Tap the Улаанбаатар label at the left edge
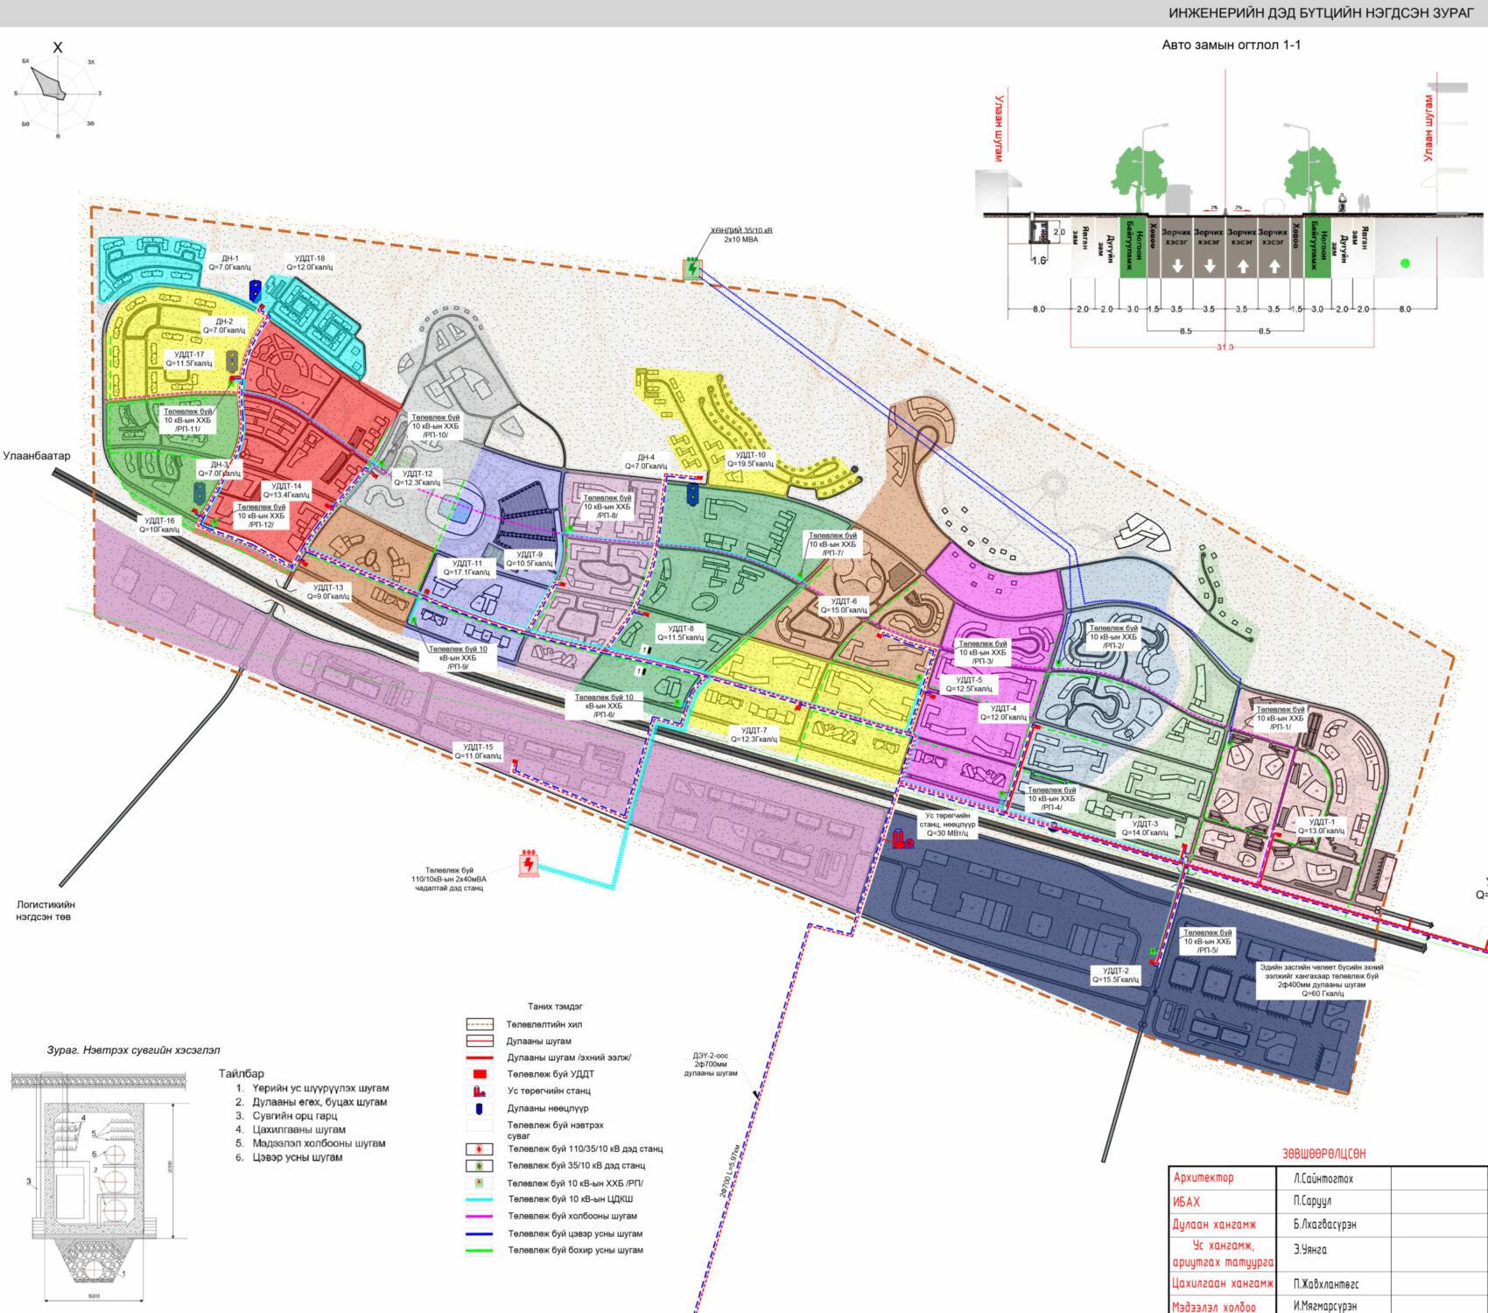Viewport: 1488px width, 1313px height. coord(37,456)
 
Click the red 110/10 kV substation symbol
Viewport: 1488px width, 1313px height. coord(528,863)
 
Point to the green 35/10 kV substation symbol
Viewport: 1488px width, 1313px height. coord(693,268)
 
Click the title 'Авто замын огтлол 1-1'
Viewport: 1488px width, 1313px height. coord(1231,45)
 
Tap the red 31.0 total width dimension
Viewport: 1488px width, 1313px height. coord(1224,348)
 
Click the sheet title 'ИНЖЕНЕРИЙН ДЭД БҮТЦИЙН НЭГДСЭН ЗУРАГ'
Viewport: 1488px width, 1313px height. coord(1321,13)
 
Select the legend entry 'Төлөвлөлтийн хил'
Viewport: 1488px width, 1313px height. coord(544,1024)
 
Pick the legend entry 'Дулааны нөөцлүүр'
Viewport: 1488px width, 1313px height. coord(548,1108)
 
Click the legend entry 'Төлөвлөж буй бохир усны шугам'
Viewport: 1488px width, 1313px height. coord(575,1250)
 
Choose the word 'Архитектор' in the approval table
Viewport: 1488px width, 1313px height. coord(1204,1178)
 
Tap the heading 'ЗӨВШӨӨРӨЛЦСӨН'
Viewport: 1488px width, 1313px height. coord(1323,1154)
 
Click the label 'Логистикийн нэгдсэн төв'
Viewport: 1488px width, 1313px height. coord(46,910)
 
